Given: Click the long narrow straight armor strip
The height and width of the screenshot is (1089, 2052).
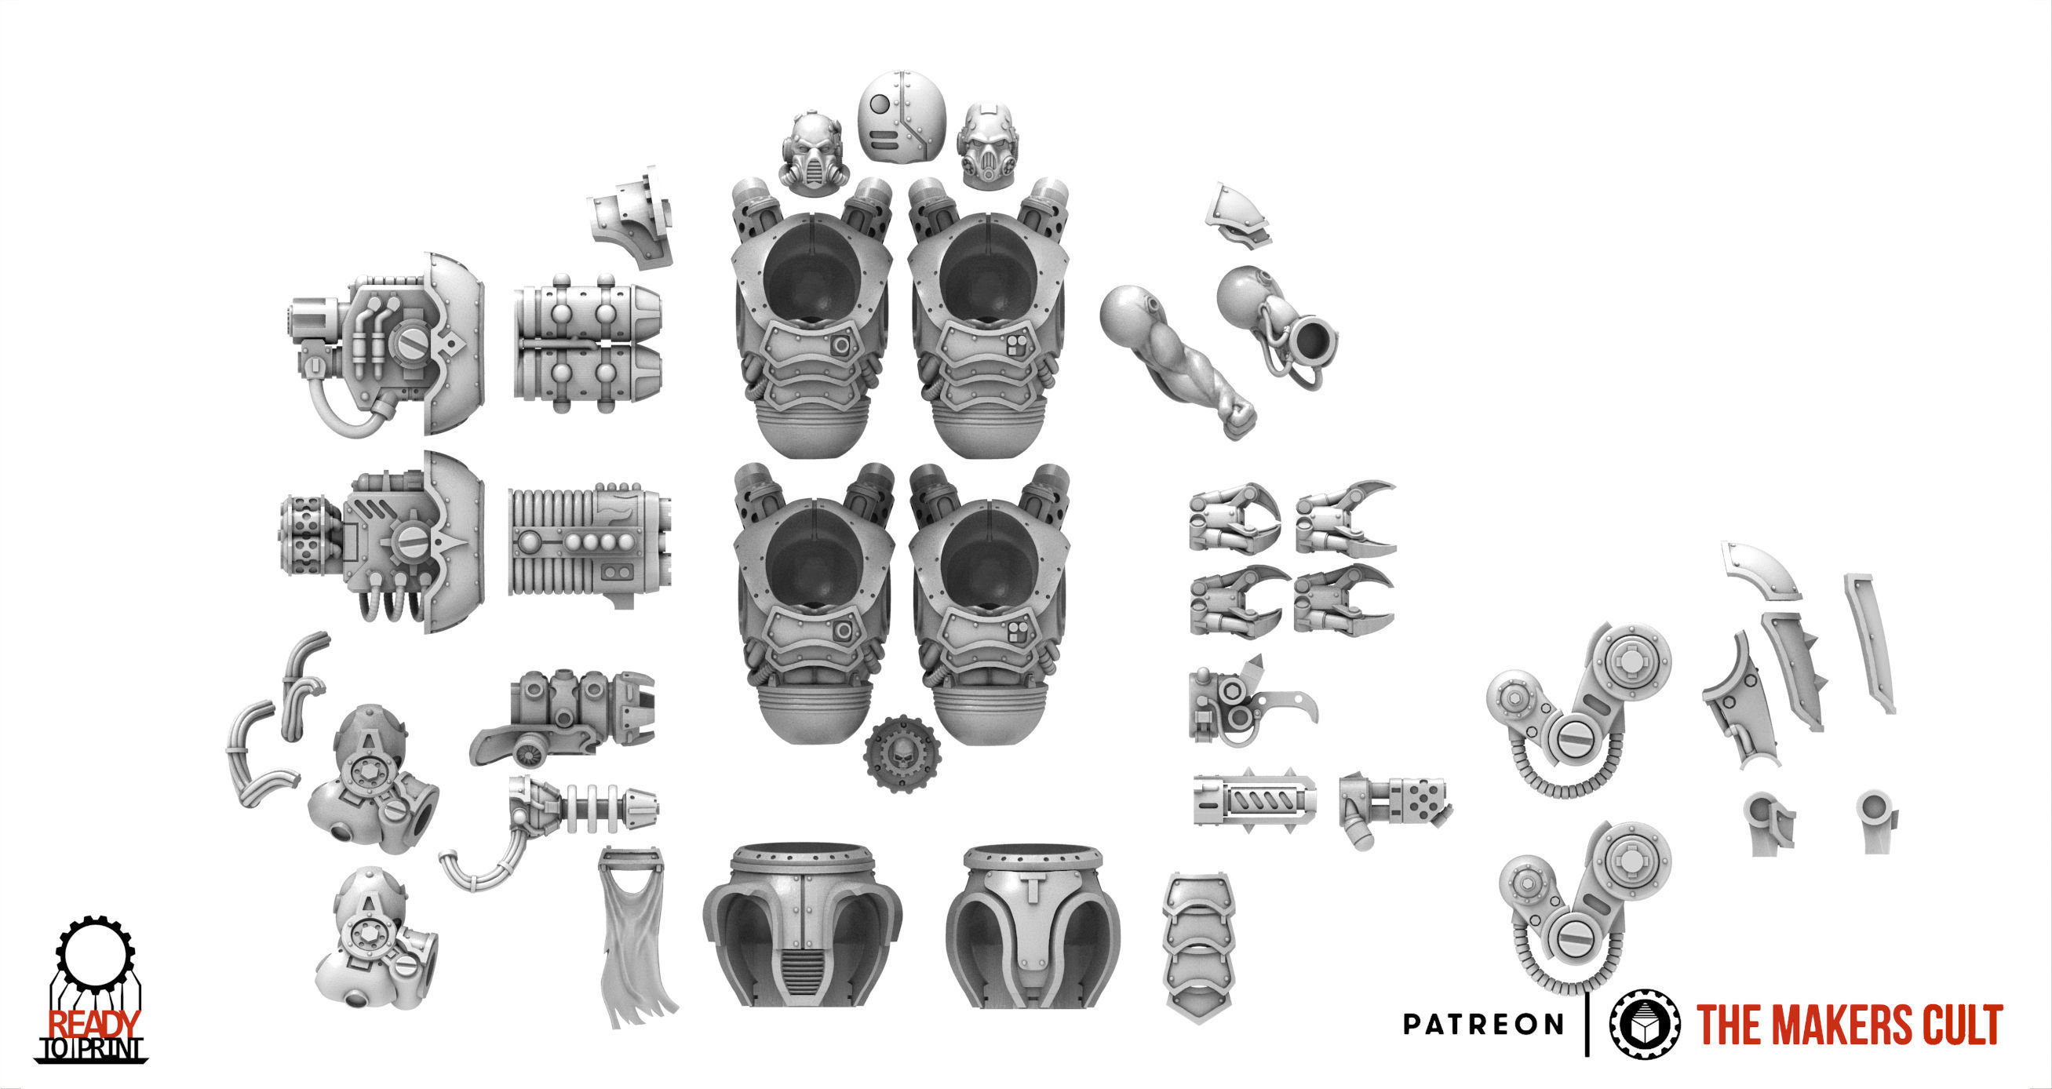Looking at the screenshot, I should (1871, 642).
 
